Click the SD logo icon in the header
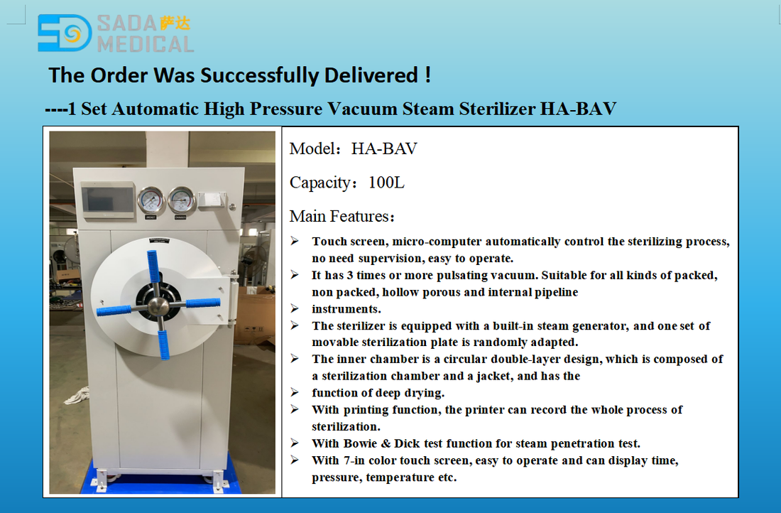pyautogui.click(x=65, y=33)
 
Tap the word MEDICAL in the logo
pyautogui.click(x=145, y=44)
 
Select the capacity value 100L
pyautogui.click(x=386, y=183)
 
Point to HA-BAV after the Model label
pyautogui.click(x=384, y=148)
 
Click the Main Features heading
pyautogui.click(x=342, y=217)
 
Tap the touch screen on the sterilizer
pyautogui.click(x=108, y=199)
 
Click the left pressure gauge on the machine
pyautogui.click(x=151, y=200)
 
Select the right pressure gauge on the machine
pyautogui.click(x=181, y=200)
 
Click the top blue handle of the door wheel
pyautogui.click(x=153, y=266)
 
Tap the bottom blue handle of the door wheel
pyautogui.click(x=163, y=345)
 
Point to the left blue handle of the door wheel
pyautogui.click(x=114, y=310)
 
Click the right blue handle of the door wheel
pyautogui.click(x=203, y=303)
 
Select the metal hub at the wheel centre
pyautogui.click(x=158, y=306)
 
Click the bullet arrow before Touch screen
pyautogui.click(x=295, y=242)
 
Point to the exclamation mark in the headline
pyautogui.click(x=428, y=75)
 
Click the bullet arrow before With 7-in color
pyautogui.click(x=295, y=460)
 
